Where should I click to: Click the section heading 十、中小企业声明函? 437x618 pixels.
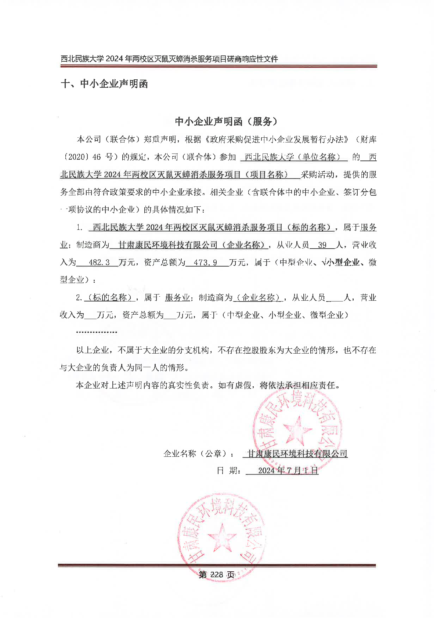click(x=104, y=84)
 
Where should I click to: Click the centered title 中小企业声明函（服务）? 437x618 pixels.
click(x=226, y=122)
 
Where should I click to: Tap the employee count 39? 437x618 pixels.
click(x=322, y=245)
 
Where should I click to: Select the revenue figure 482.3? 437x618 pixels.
click(x=99, y=263)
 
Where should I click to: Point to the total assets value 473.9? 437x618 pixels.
click(x=205, y=263)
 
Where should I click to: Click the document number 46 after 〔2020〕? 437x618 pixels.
click(x=97, y=157)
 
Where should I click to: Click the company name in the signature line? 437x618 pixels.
click(x=297, y=454)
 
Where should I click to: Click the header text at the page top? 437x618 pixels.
click(x=169, y=59)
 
